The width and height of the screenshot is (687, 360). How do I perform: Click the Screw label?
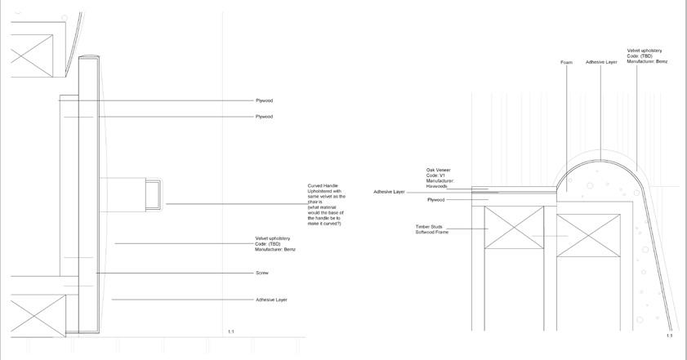tap(261, 273)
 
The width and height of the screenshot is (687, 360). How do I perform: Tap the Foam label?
tap(567, 62)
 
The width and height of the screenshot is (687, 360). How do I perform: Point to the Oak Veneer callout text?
tap(440, 178)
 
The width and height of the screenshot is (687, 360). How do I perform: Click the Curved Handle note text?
tap(326, 204)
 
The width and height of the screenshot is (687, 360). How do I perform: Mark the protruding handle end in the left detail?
tap(153, 194)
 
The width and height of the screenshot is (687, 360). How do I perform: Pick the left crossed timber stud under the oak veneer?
tap(514, 229)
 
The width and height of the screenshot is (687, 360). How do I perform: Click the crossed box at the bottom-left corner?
tap(37, 316)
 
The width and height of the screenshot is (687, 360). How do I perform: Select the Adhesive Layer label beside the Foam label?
tap(601, 62)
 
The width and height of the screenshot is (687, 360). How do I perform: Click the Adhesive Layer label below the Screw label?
tap(271, 300)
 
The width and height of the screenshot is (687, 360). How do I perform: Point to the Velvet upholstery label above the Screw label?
tap(275, 243)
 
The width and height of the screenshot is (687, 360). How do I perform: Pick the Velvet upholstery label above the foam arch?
tap(647, 56)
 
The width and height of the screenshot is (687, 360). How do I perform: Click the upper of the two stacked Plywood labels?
tap(264, 100)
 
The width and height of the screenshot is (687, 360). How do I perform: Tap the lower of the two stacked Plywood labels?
tap(264, 117)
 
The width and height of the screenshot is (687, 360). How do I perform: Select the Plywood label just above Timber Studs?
tap(436, 200)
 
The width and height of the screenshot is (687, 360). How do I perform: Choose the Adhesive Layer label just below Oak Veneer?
tap(389, 192)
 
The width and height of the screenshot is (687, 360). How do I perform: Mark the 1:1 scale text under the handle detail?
tap(231, 331)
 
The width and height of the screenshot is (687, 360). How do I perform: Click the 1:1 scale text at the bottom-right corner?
tap(670, 336)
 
